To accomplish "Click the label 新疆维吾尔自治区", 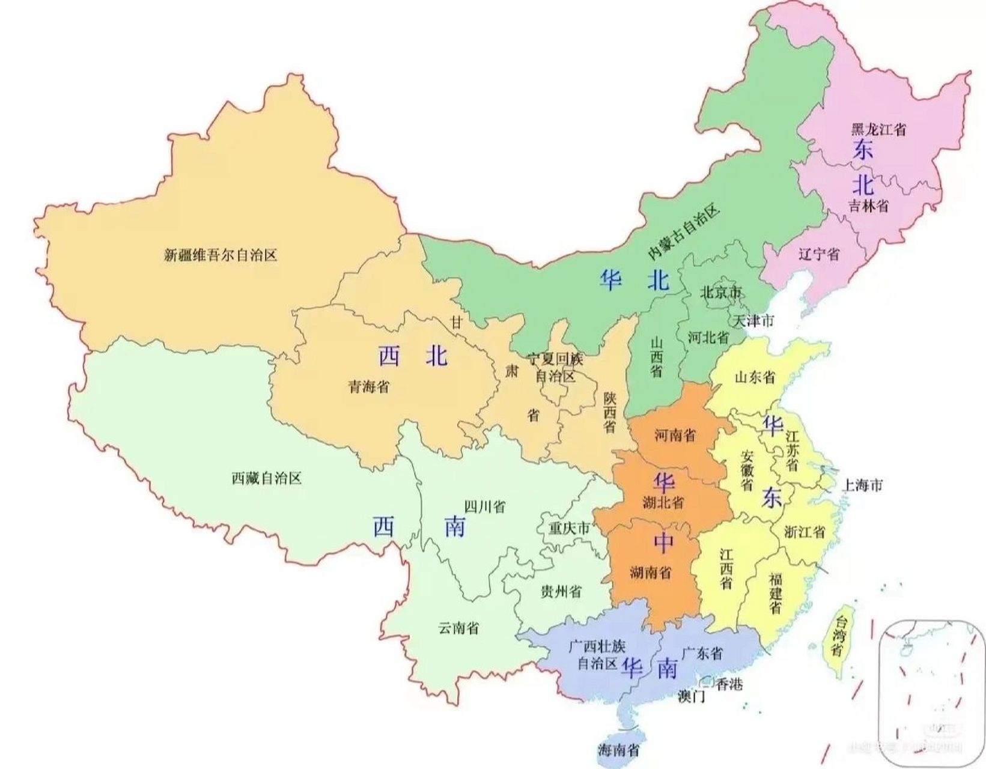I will pos(221,255).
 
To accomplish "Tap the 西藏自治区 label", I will pos(266,478).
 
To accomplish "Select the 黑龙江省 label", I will pos(878,129).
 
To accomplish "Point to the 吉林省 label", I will pos(869,205).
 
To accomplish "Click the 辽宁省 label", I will pos(819,254).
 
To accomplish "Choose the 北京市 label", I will pos(721,293).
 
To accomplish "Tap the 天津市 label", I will pos(753,321).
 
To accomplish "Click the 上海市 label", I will pos(862,485).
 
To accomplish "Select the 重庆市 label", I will pos(569,529).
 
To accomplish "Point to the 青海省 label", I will pos(368,386).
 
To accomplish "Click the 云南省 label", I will pos(458,628).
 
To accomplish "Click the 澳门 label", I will pos(691,698).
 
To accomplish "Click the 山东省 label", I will pos(755,377).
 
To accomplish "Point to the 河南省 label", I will pos(675,434).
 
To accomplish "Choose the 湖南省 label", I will pos(651,573).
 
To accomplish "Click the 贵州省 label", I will pos(561,592).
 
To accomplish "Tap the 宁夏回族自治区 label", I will pos(555,368).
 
